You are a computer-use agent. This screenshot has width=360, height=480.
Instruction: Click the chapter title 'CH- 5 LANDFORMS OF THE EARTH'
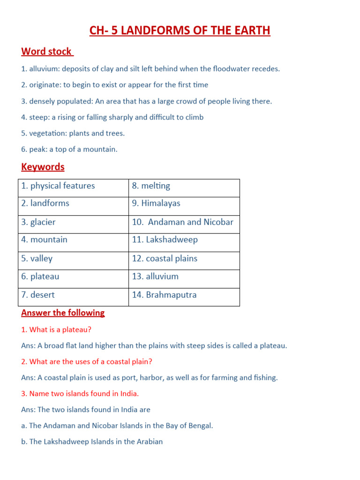point(180,31)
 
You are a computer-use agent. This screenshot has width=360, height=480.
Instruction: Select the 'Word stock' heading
point(47,52)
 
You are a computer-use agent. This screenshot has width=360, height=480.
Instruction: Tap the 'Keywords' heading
point(43,167)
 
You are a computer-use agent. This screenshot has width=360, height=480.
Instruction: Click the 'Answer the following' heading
point(63,313)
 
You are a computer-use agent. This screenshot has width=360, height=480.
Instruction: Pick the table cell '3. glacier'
point(73,222)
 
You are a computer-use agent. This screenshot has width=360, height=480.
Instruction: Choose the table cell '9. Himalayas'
point(184,203)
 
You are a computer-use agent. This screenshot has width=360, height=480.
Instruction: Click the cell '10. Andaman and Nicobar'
point(184,222)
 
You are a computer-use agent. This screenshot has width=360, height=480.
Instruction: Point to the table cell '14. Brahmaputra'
point(184,295)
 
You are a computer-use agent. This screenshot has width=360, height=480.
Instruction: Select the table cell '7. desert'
point(73,295)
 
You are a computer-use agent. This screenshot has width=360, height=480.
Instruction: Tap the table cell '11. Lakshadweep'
point(184,240)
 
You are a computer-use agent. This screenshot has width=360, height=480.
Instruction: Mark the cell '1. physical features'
point(73,186)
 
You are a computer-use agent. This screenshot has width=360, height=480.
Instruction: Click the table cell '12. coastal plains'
point(184,258)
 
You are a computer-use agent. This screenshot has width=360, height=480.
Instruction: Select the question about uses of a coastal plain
point(87,362)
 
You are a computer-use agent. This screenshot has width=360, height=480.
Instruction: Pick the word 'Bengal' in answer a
point(200,426)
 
